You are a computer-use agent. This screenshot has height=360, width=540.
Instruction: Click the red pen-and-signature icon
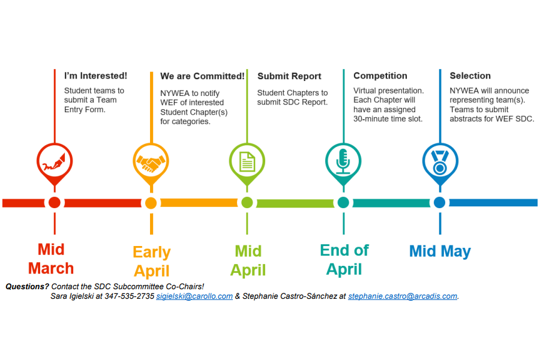[x=55, y=161]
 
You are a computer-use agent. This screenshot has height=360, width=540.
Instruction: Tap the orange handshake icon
[x=151, y=161]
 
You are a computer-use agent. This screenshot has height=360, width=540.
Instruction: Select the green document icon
[x=247, y=161]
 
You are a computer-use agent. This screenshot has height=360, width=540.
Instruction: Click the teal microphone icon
[x=343, y=161]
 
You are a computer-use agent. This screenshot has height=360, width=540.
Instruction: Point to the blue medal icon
[x=439, y=161]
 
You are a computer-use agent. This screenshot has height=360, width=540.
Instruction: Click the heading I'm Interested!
[x=96, y=76]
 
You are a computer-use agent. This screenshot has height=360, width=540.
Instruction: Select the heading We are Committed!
[x=202, y=76]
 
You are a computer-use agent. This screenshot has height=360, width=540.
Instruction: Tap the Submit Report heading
[x=289, y=76]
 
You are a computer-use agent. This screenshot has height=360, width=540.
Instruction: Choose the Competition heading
[x=380, y=76]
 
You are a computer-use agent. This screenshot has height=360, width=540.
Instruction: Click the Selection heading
[x=470, y=76]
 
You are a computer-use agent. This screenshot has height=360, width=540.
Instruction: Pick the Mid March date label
[x=51, y=259]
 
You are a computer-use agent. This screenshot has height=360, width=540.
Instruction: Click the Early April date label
[x=152, y=261]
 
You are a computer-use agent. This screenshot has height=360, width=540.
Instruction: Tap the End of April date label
[x=344, y=259]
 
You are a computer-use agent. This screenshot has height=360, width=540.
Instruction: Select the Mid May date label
[x=440, y=251]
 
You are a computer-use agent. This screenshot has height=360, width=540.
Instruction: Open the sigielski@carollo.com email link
[x=194, y=296]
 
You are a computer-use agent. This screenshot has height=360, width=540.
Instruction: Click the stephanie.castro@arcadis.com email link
[x=403, y=296]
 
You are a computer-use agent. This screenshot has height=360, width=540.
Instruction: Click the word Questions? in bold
[x=28, y=287]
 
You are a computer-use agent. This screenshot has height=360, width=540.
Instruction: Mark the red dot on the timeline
[x=55, y=203]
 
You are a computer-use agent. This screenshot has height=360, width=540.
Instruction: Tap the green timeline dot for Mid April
[x=247, y=203]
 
